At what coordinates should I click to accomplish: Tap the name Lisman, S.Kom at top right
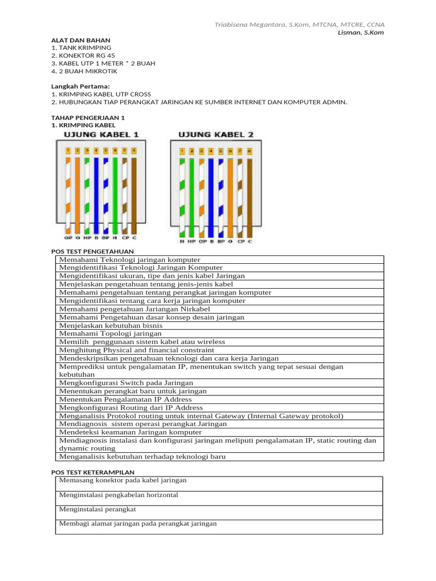pyautogui.click(x=360, y=33)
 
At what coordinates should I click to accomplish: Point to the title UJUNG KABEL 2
pyautogui.click(x=216, y=134)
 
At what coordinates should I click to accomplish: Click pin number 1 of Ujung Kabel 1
pyautogui.click(x=68, y=151)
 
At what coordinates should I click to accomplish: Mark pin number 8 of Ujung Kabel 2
pyautogui.click(x=249, y=151)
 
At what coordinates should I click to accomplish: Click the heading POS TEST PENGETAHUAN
pyautogui.click(x=93, y=251)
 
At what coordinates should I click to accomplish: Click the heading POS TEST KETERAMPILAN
pyautogui.click(x=93, y=472)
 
